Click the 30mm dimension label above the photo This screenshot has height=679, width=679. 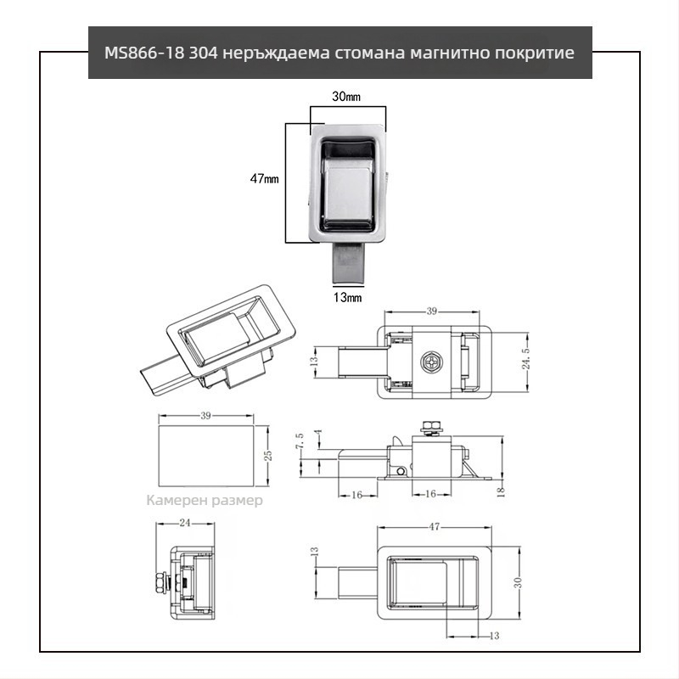(345, 98)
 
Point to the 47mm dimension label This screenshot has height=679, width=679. (265, 179)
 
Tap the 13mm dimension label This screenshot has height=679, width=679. (346, 297)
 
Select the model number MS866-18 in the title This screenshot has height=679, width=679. (140, 53)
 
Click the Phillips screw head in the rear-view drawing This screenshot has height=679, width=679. (431, 362)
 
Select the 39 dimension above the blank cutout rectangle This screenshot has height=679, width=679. (205, 415)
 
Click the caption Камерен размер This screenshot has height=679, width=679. (205, 500)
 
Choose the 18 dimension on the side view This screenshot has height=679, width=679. (501, 490)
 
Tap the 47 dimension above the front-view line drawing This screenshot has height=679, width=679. (434, 527)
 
